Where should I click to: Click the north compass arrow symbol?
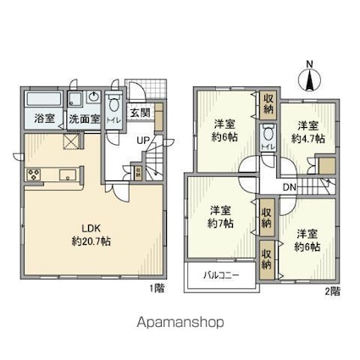pos(309,78)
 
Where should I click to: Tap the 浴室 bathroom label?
pos(44,119)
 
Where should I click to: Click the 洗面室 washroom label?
pos(83,119)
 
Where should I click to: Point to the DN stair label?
pos(289,187)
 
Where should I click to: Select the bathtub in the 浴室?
pos(44,100)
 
